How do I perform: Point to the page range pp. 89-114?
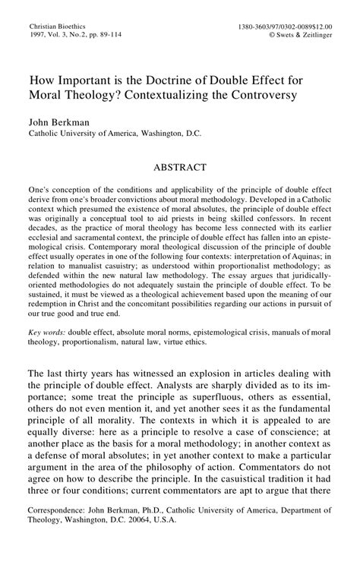pos(109,35)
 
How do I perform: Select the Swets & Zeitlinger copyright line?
pos(306,35)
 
